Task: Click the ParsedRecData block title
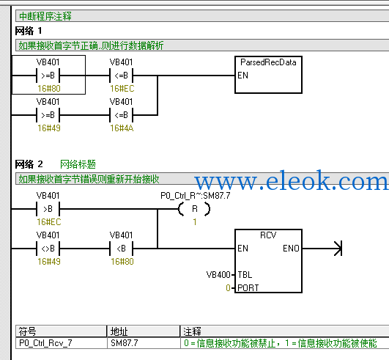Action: pyautogui.click(x=268, y=62)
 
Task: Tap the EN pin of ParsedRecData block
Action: pyautogui.click(x=242, y=76)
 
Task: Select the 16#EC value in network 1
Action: pyautogui.click(x=122, y=89)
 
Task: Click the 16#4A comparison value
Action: pyautogui.click(x=122, y=128)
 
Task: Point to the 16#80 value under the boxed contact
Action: pyautogui.click(x=49, y=89)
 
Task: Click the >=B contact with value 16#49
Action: pyautogui.click(x=48, y=115)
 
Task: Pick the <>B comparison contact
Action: pyautogui.click(x=48, y=249)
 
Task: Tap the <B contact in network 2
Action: pyautogui.click(x=122, y=249)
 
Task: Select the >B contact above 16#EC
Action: pyautogui.click(x=48, y=209)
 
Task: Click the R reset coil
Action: pyautogui.click(x=195, y=209)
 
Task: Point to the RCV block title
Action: pyautogui.click(x=268, y=235)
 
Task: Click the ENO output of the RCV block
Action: pyautogui.click(x=291, y=249)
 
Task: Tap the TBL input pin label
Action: pyautogui.click(x=245, y=275)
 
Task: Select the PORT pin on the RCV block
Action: pyautogui.click(x=248, y=287)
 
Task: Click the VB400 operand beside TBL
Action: pyautogui.click(x=218, y=275)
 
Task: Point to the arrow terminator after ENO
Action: pyautogui.click(x=338, y=249)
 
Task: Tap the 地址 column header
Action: pyautogui.click(x=119, y=331)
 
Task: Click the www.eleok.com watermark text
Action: pyautogui.click(x=292, y=180)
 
